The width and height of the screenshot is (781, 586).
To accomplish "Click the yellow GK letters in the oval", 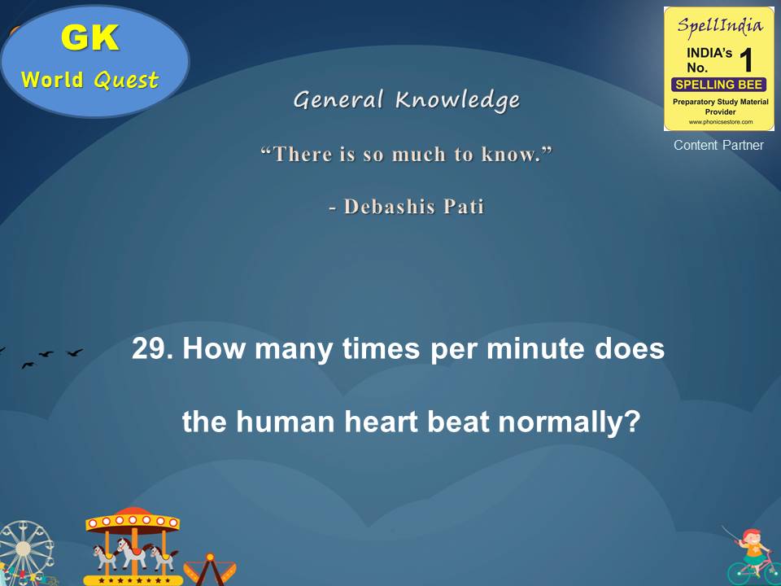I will [x=89, y=38].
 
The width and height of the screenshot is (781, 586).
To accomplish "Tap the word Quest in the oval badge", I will [x=126, y=80].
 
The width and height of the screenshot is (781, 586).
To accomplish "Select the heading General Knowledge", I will [x=406, y=100].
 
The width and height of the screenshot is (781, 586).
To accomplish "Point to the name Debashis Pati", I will [x=414, y=207].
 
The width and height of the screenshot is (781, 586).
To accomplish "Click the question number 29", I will [x=152, y=351].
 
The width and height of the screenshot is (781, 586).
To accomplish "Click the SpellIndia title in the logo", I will [x=719, y=25].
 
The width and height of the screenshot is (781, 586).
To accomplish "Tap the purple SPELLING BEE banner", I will [x=719, y=85].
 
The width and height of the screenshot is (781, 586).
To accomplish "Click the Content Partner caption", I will [x=718, y=146].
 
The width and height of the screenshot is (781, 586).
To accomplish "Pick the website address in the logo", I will [x=719, y=122].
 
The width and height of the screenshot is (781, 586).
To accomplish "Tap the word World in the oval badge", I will [x=54, y=80].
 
